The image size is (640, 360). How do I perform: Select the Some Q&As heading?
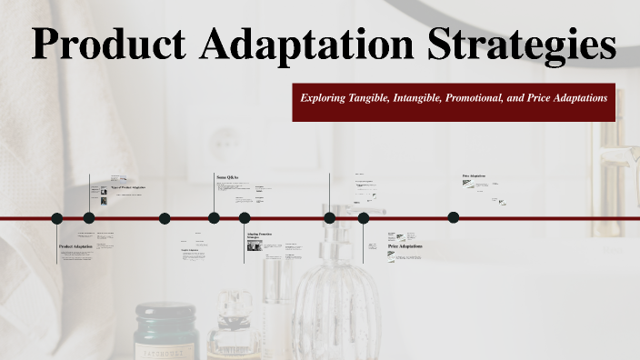[x=227, y=176]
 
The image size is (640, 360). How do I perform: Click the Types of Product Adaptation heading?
[x=127, y=187]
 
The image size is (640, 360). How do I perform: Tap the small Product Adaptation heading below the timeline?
[x=75, y=247]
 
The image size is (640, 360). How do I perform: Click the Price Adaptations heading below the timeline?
[x=405, y=246]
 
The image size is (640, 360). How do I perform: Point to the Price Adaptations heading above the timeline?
[x=475, y=176]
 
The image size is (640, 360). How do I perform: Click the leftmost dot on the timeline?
[x=56, y=218]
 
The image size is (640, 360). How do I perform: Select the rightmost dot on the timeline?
[x=454, y=217]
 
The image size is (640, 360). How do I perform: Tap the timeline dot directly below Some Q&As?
[x=214, y=218]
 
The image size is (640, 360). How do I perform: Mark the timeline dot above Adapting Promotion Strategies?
[x=245, y=218]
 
